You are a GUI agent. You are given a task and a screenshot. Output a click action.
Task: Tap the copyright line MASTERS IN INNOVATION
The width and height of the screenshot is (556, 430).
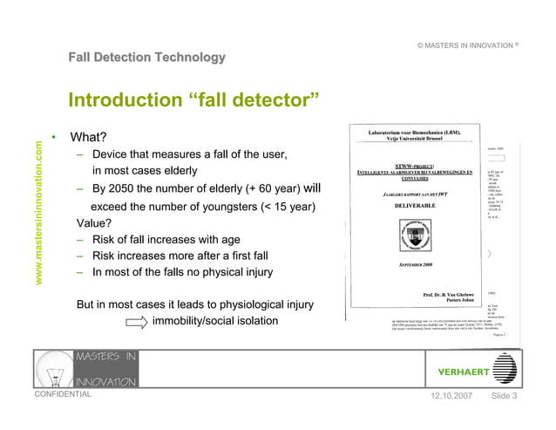coord(467,44)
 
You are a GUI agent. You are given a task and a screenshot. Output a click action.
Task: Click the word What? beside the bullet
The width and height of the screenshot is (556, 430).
coord(88,138)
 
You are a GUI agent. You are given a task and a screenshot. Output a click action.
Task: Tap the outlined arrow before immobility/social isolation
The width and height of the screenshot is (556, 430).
coord(136,322)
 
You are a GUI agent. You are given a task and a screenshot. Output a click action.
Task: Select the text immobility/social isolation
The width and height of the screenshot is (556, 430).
coord(215,321)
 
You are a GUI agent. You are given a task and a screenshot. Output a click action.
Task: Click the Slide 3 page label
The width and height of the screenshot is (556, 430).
coord(505,397)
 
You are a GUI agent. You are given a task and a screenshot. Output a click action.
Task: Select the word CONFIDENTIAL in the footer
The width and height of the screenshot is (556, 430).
coord(62,394)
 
